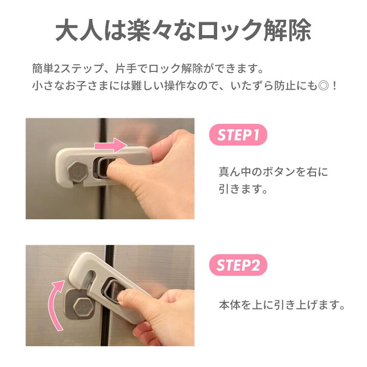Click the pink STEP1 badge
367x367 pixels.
(x=238, y=135)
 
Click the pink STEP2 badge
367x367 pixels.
(x=238, y=265)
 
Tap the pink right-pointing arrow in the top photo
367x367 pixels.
(x=111, y=146)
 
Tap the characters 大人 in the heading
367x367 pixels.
(x=79, y=31)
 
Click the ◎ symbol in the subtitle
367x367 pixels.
(x=322, y=86)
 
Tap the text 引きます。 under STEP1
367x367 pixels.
(x=243, y=189)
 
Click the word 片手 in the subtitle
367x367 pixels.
(x=126, y=69)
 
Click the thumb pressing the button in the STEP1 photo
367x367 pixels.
(x=117, y=167)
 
